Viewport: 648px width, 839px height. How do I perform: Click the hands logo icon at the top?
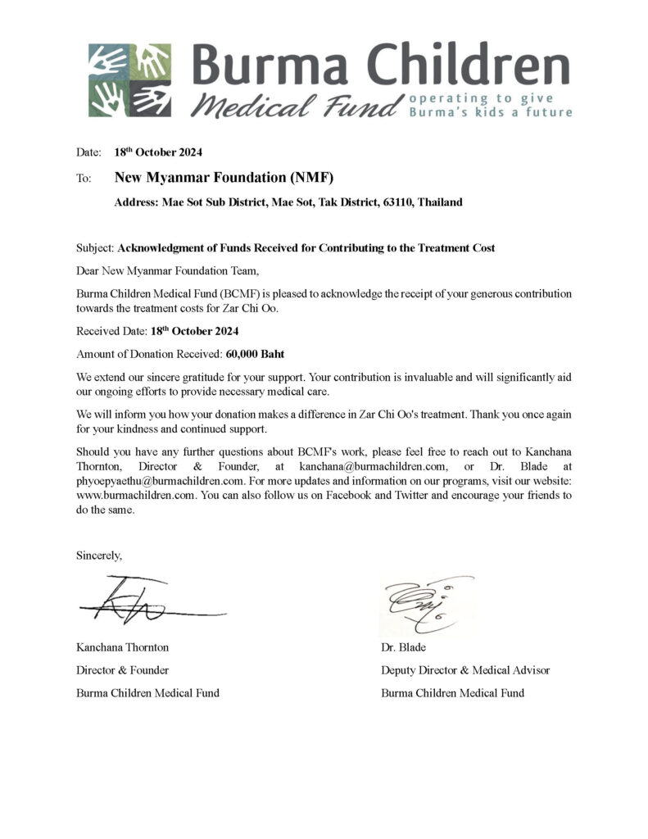point(130,79)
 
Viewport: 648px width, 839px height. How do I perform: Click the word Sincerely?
point(99,556)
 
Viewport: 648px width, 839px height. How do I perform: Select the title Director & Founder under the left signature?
point(123,670)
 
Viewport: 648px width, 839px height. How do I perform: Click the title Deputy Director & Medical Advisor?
point(465,670)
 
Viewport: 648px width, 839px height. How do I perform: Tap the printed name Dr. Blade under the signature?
point(403,647)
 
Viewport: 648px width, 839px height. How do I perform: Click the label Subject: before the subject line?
point(96,247)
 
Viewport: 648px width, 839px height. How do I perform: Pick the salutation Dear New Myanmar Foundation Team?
point(167,270)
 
